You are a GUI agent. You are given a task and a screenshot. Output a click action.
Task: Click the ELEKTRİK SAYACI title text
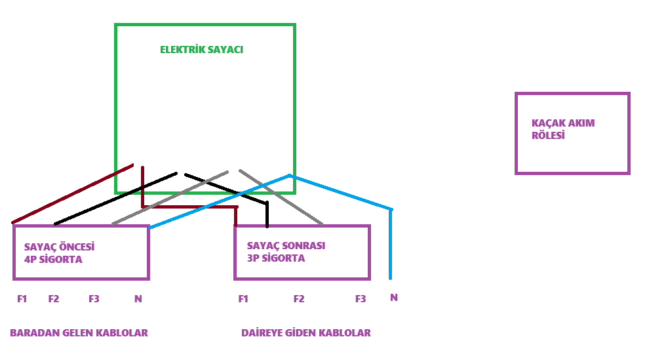click(x=201, y=50)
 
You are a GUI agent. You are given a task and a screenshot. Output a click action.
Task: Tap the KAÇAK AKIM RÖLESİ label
click(x=563, y=129)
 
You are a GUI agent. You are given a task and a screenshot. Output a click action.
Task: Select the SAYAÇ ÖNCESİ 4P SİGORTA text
click(x=59, y=253)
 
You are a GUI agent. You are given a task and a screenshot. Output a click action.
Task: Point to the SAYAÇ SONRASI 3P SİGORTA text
click(x=286, y=252)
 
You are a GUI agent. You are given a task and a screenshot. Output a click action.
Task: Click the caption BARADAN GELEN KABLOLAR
click(x=79, y=332)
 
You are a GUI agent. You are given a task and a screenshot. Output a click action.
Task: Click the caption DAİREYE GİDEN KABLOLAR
click(x=305, y=332)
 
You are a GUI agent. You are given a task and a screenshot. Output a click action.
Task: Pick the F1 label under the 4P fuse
click(x=22, y=299)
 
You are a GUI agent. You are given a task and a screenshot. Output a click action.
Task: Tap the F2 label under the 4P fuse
click(x=54, y=299)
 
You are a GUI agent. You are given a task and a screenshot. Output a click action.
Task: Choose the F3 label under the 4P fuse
click(x=94, y=299)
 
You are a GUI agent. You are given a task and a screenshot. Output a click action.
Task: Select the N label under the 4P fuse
click(x=138, y=299)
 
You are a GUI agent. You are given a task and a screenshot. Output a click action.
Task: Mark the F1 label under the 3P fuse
click(x=243, y=299)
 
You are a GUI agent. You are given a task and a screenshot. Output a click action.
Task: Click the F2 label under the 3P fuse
click(x=299, y=299)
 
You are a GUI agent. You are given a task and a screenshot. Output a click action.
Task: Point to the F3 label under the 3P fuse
click(x=361, y=299)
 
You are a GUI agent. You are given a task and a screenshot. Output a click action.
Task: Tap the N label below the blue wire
click(x=394, y=298)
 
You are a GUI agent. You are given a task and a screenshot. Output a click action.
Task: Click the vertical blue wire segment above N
click(x=390, y=245)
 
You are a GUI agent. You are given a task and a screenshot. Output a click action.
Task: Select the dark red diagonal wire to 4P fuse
click(x=73, y=194)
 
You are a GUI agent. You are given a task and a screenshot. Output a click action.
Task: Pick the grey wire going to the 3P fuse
click(x=281, y=197)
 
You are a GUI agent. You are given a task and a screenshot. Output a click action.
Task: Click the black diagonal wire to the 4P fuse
click(x=115, y=199)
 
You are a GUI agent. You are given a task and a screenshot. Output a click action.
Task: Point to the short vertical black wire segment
click(x=267, y=214)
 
